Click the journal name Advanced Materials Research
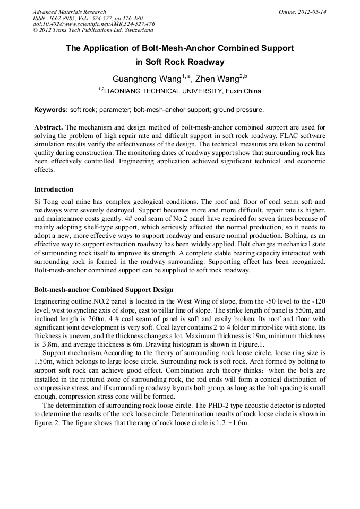(x=69, y=12)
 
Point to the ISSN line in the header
(x=87, y=18)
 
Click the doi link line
(x=93, y=24)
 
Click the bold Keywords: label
(x=51, y=110)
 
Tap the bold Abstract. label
(x=48, y=127)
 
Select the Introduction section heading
(x=54, y=189)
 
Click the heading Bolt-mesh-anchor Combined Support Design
(x=104, y=290)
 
